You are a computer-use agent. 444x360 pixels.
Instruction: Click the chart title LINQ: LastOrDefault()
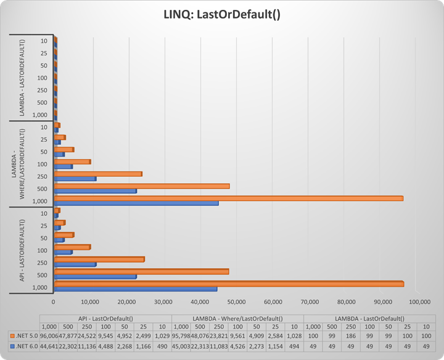(x=221, y=14)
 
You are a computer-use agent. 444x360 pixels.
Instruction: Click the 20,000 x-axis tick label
(x=127, y=302)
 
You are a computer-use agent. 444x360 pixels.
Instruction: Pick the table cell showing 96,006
(x=49, y=335)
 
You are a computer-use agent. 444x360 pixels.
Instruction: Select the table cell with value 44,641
(x=49, y=346)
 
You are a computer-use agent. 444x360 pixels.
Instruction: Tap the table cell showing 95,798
(x=181, y=335)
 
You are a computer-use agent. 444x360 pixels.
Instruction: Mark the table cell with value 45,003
(x=181, y=346)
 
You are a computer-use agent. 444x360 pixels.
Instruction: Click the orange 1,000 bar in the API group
(x=228, y=284)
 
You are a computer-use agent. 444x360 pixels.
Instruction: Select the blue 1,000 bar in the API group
(x=135, y=288)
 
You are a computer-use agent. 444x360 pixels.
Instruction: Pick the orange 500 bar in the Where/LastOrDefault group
(x=141, y=186)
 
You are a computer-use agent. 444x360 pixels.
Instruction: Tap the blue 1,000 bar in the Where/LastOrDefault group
(x=136, y=203)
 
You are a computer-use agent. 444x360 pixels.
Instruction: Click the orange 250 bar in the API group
(x=99, y=259)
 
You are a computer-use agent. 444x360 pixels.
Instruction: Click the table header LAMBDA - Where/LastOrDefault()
(x=237, y=318)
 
